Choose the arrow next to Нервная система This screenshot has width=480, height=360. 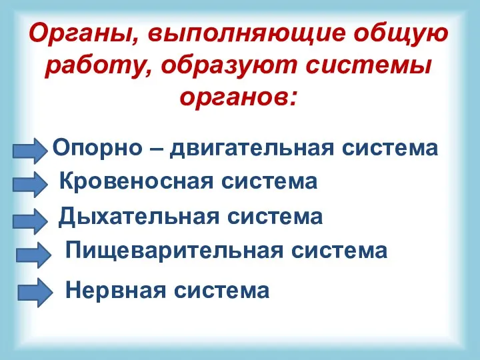[33, 293]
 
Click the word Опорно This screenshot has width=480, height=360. [97, 147]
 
